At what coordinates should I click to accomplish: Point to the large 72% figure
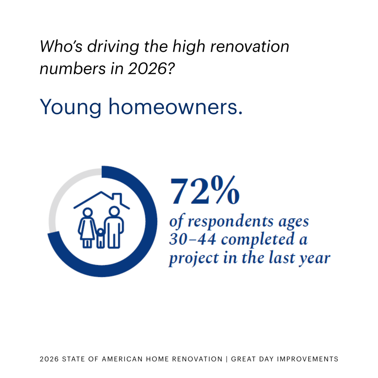click(205, 191)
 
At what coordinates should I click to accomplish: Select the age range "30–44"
click(192, 240)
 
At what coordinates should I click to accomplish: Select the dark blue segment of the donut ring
click(144, 240)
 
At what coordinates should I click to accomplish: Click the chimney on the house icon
click(117, 197)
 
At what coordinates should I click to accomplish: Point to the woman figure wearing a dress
click(87, 227)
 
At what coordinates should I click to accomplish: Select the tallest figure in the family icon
click(114, 227)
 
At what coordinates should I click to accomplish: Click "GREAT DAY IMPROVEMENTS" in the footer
click(284, 359)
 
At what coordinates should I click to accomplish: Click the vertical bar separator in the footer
click(227, 359)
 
